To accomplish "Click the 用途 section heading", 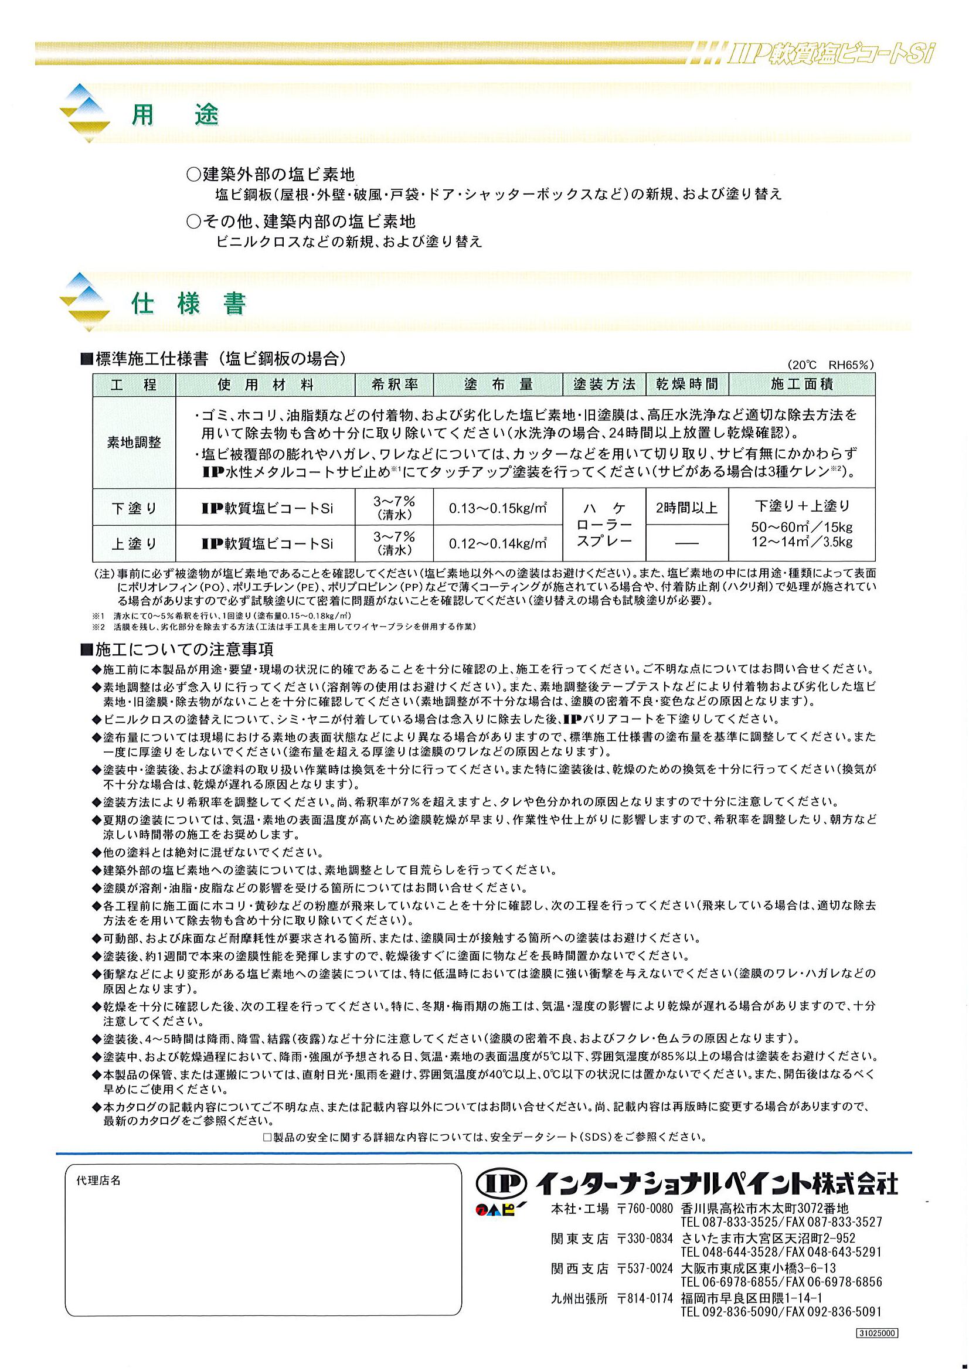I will click(175, 115).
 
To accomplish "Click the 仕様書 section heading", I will click(189, 304).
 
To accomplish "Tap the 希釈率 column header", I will click(394, 385).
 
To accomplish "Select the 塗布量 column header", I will click(498, 385).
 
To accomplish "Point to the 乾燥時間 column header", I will click(686, 385).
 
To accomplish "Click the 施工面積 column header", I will click(801, 385).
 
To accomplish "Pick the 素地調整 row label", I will click(134, 443).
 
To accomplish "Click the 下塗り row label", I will click(134, 508).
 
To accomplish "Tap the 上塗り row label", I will click(134, 543).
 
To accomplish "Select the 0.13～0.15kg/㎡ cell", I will click(498, 508).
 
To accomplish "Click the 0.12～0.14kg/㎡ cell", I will click(498, 543).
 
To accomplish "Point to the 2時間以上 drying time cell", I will click(686, 508).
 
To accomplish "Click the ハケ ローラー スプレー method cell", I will click(604, 525).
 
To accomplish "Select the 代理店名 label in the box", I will click(98, 1181).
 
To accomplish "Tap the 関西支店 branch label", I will click(579, 1268).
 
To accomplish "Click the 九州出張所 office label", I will click(579, 1298).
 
